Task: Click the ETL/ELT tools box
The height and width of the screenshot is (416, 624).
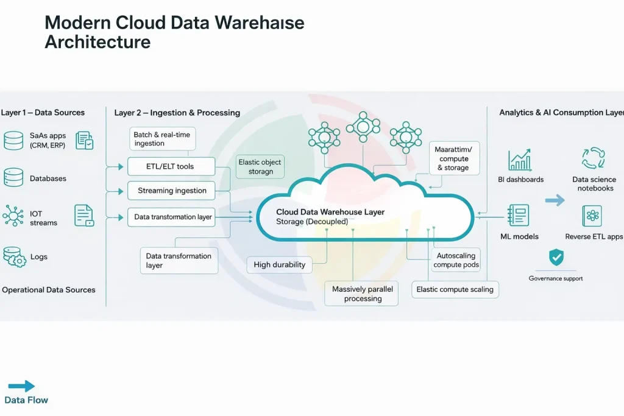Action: coord(171,166)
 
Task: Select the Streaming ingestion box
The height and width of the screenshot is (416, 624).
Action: coord(171,191)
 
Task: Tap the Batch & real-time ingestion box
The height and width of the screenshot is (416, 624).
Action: coord(163,139)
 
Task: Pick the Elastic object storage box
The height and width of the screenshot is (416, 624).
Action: coord(260,167)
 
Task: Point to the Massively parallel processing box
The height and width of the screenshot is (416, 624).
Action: coord(362,294)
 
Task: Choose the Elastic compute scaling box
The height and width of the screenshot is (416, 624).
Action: coord(455,289)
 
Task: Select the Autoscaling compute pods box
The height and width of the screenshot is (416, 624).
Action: coord(456,261)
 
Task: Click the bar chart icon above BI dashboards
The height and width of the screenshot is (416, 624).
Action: coord(520,160)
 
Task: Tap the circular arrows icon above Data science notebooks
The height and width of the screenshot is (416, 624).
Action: coord(592,158)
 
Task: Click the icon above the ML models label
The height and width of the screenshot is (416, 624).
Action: coord(519,216)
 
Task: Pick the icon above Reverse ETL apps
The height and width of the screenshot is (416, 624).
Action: coord(592,216)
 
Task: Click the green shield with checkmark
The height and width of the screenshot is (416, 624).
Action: coord(556,258)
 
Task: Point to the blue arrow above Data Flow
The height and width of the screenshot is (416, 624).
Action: coord(21,386)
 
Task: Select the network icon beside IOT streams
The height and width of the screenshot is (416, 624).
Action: coord(13,216)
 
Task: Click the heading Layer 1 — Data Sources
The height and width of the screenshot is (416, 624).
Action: coord(43,113)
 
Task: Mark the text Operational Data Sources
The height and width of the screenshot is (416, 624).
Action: coord(49,290)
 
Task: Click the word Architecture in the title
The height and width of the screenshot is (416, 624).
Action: coord(97,42)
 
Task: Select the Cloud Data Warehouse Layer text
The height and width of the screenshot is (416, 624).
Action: coord(330,212)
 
